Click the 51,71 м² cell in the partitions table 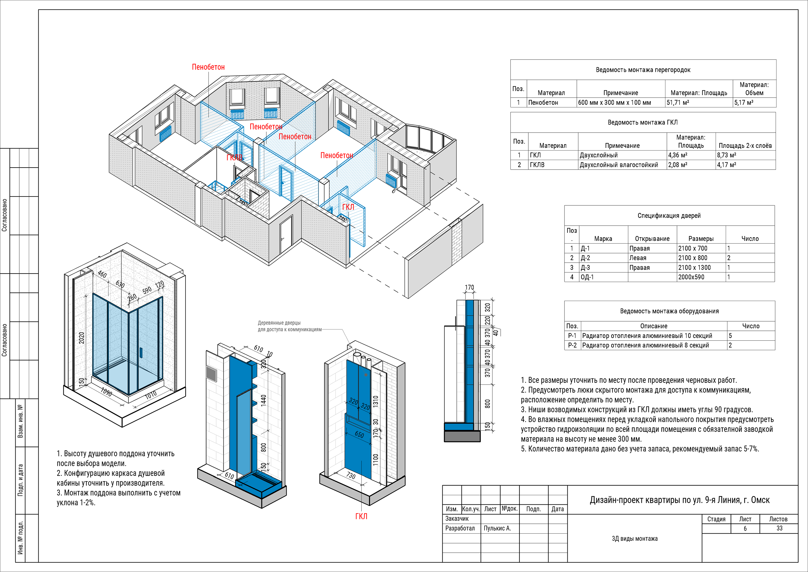click(x=678, y=103)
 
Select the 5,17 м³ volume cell click(x=744, y=103)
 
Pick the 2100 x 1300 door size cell click(x=694, y=267)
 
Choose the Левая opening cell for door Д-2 click(x=638, y=258)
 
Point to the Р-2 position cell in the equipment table click(x=572, y=345)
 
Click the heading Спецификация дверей click(x=669, y=216)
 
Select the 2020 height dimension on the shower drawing click(x=82, y=338)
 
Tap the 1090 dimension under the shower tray click(x=106, y=392)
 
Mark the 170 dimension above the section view click(x=469, y=287)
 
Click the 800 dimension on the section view click(x=487, y=404)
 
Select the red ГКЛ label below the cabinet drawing click(x=361, y=516)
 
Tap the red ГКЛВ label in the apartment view click(x=234, y=157)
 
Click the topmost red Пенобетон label click(x=208, y=67)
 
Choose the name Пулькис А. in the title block click(x=497, y=528)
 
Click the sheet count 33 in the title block click(x=779, y=528)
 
